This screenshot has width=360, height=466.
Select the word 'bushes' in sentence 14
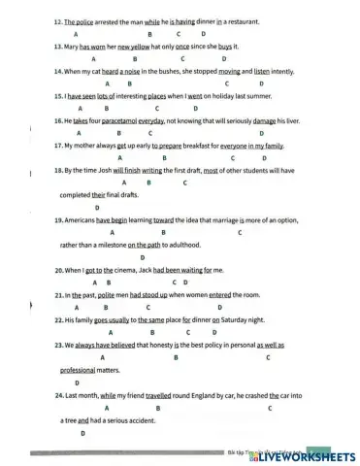(x=156, y=71)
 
